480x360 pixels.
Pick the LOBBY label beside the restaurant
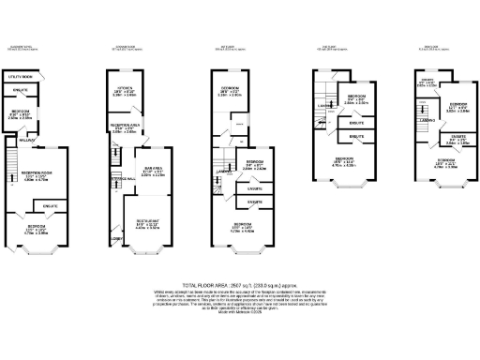point(115,236)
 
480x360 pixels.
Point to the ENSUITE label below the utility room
point(22,90)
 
